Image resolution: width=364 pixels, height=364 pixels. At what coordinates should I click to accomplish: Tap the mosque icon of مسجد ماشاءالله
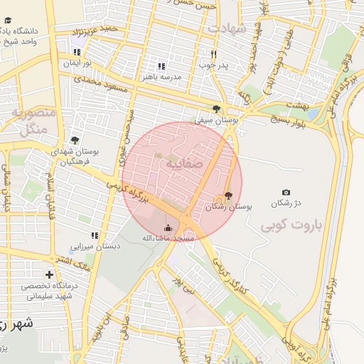click(x=168, y=227)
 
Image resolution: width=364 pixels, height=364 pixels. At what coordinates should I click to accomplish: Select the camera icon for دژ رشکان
click(x=286, y=193)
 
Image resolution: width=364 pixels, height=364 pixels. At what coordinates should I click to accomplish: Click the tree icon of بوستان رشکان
click(x=227, y=196)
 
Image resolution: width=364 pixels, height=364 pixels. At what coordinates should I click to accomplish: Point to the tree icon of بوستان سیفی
click(x=216, y=109)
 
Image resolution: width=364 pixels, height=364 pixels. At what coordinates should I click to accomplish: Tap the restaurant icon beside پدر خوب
click(x=213, y=54)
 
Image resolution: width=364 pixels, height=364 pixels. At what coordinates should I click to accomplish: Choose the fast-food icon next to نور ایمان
click(x=77, y=52)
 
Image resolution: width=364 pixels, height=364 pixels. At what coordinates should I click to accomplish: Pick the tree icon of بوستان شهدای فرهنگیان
click(x=75, y=140)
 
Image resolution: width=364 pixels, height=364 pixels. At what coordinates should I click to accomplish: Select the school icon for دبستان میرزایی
click(x=94, y=235)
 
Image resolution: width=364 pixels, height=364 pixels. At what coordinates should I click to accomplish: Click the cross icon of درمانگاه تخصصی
click(x=49, y=274)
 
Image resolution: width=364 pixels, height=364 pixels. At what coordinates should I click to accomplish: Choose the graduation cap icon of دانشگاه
click(x=6, y=32)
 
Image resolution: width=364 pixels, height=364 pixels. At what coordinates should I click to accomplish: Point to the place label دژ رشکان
click(x=286, y=204)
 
